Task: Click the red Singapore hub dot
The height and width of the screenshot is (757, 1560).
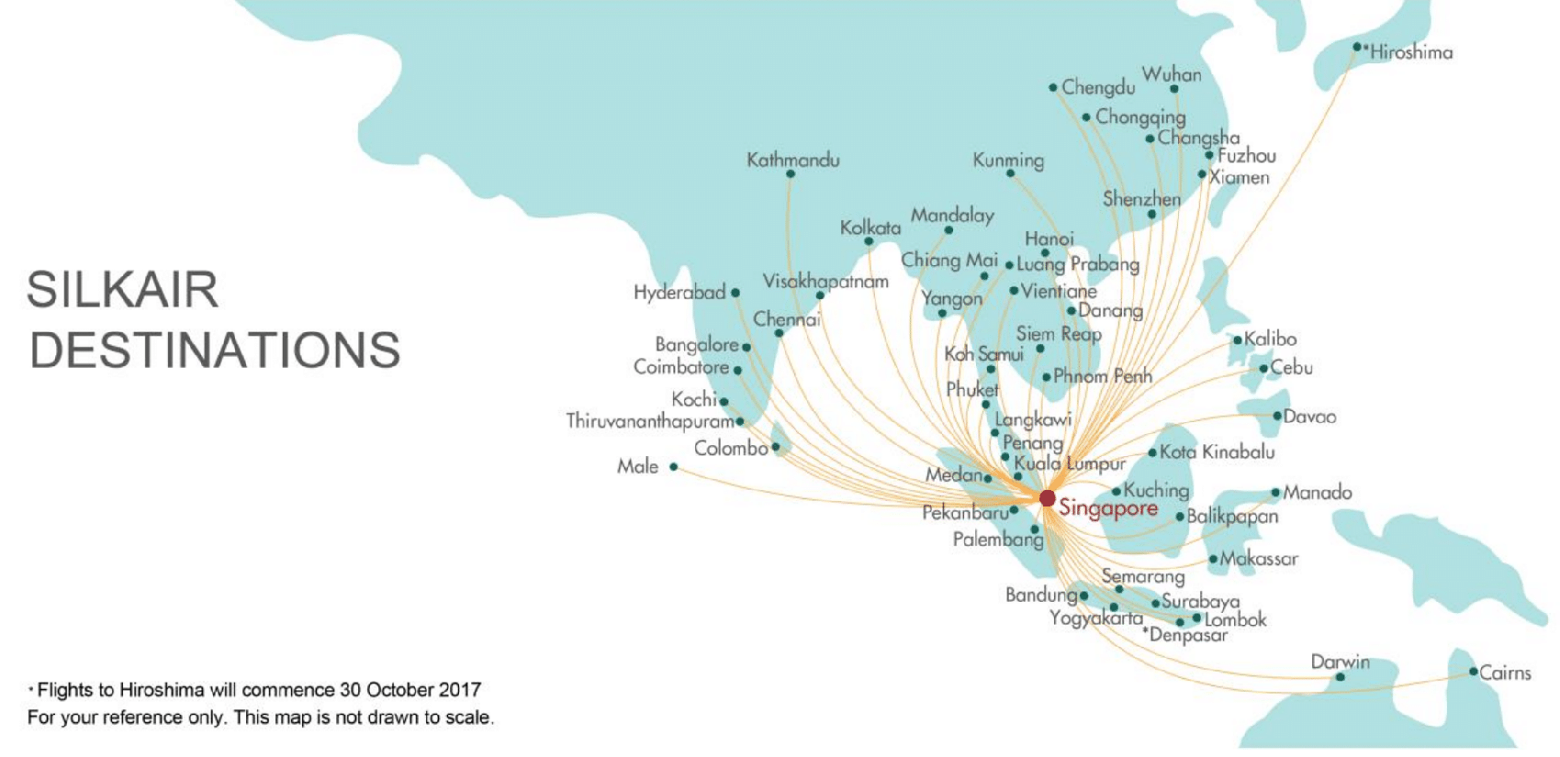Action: pos(1047,498)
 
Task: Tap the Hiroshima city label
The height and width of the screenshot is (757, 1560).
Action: pos(1411,52)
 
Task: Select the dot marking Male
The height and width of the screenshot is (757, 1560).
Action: pos(673,467)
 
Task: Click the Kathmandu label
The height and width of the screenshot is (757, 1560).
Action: pos(793,160)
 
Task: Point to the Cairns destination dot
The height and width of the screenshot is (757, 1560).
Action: pos(1473,672)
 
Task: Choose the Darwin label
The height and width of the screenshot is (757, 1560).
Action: pos(1340,662)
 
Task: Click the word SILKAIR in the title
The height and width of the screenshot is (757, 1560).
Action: pos(123,290)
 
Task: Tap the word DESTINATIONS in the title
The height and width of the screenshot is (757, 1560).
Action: pos(215,351)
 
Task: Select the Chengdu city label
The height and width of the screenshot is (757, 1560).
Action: pos(1098,88)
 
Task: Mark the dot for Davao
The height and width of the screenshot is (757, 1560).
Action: pos(1276,416)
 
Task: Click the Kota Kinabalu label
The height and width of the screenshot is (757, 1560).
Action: pos(1217,451)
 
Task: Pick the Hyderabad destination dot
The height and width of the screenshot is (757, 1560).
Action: pos(735,293)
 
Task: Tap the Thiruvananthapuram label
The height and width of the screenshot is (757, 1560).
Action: pos(649,421)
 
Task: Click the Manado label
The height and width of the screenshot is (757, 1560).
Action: pos(1318,493)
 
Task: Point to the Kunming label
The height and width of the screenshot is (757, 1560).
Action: pos(1008,161)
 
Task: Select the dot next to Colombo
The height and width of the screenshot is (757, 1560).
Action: pos(776,448)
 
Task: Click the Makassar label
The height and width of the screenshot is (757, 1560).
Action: pos(1259,559)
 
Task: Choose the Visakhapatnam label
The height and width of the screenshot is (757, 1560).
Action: pos(825,282)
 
